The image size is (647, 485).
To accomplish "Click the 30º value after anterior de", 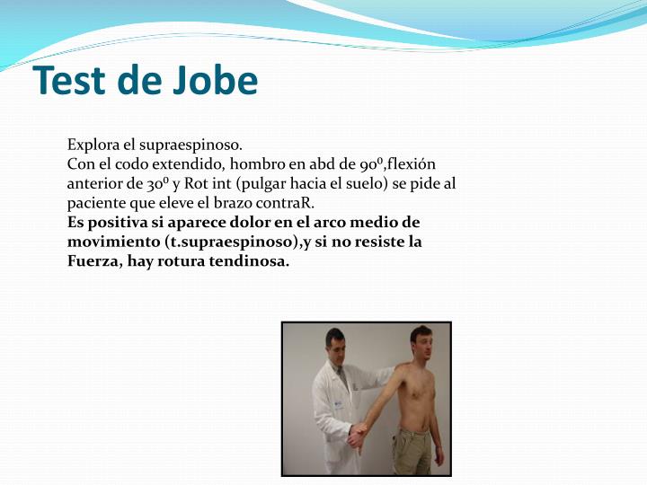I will point(146,183).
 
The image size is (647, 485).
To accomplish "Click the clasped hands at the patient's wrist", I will point(358,436).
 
